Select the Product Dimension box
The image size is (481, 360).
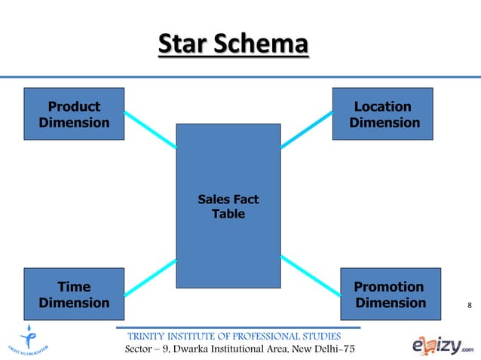(x=74, y=114)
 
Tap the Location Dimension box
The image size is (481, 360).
(x=383, y=114)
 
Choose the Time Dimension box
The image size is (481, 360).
(x=74, y=294)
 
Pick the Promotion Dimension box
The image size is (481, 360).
(x=388, y=294)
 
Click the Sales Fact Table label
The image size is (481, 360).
(x=228, y=206)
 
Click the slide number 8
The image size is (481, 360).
(x=470, y=305)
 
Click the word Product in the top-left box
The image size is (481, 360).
(x=74, y=106)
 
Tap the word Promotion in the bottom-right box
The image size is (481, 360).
(x=388, y=287)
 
